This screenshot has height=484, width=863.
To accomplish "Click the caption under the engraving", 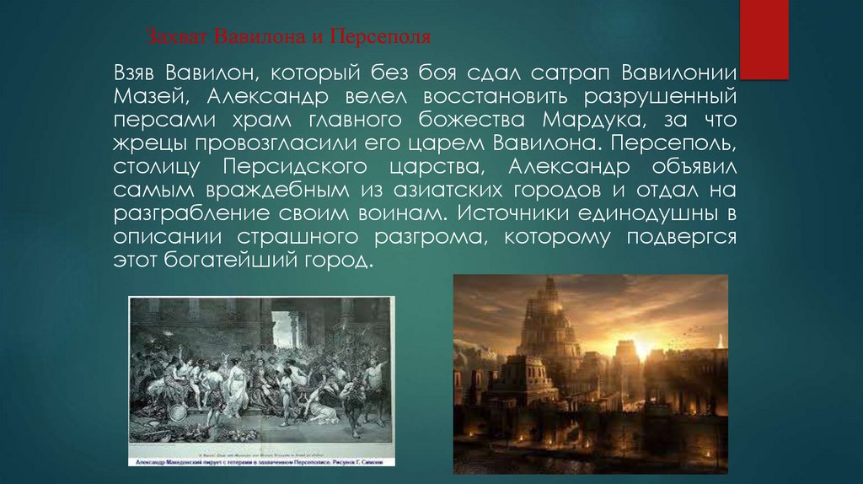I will (x=260, y=463).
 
